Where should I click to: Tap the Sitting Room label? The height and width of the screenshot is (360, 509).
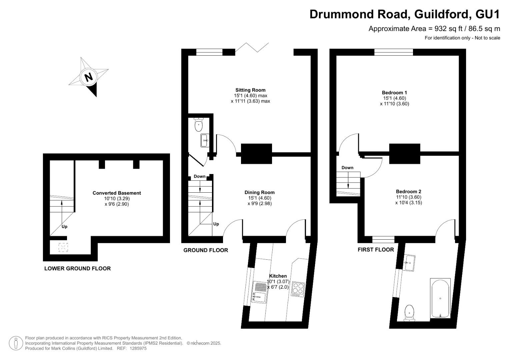250,90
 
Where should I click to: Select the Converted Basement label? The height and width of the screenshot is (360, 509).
117,193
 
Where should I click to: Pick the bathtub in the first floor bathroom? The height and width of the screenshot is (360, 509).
440,298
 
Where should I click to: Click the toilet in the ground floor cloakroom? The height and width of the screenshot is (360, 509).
199,125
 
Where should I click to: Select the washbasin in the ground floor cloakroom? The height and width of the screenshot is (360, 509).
205,140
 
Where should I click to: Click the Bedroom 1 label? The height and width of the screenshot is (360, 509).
394,93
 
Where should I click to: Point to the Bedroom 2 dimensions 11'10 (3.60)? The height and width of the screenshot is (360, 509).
409,197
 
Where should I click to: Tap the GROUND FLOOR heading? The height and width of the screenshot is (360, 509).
206,250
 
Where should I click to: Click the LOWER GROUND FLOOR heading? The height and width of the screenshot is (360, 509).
77,268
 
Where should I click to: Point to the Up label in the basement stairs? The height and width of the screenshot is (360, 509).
64,227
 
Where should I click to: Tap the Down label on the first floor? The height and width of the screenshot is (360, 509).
347,168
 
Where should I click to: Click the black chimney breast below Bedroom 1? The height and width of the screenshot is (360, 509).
404,154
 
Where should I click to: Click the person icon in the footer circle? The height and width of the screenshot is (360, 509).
16,343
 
